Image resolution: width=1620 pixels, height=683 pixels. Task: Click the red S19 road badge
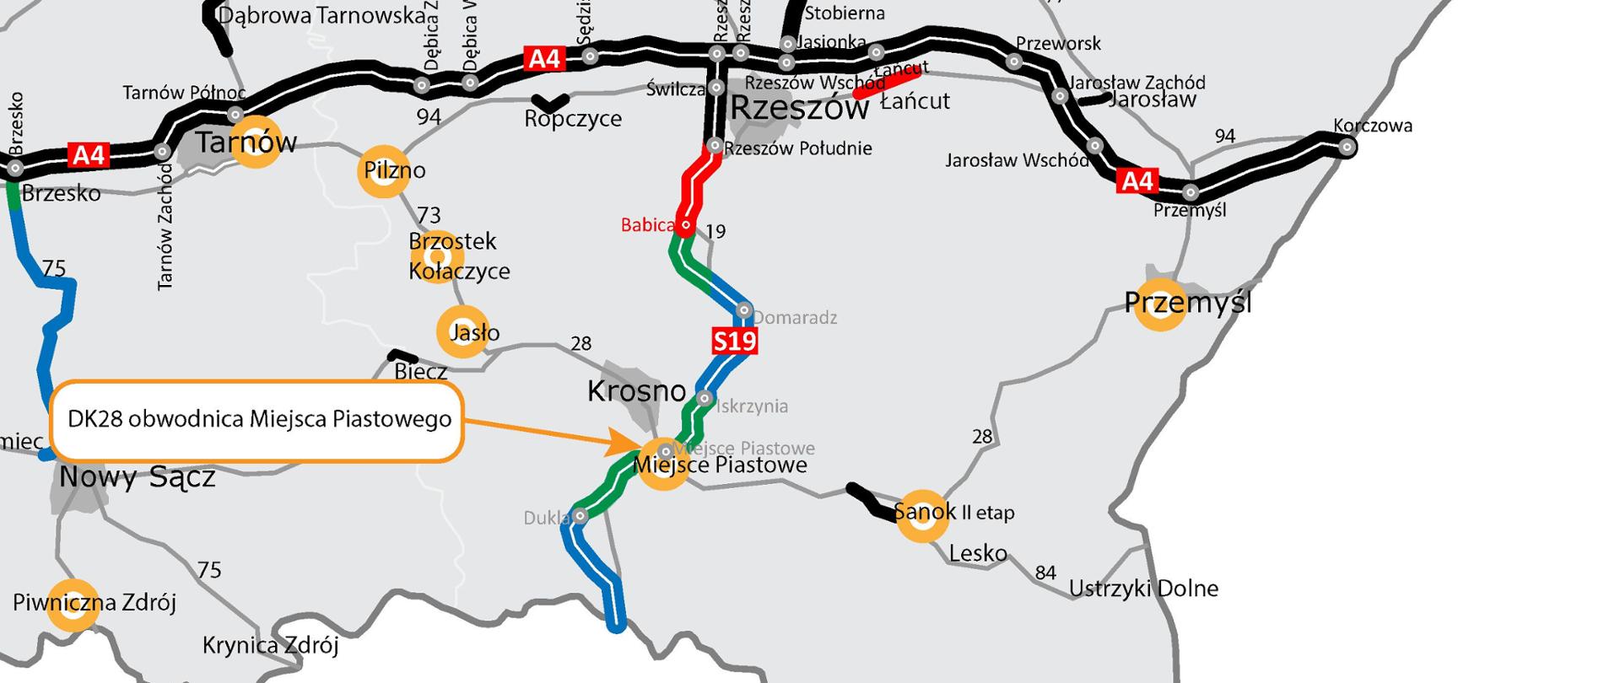tap(734, 341)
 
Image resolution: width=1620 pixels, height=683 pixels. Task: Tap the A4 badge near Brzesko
tap(89, 155)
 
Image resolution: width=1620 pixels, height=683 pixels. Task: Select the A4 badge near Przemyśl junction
tap(1137, 180)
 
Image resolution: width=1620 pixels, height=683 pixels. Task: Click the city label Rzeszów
tap(799, 109)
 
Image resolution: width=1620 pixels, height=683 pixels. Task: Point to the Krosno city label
tap(636, 391)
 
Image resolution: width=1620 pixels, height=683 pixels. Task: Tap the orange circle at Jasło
tap(462, 332)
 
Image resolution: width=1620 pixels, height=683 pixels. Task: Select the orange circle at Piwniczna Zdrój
tap(73, 605)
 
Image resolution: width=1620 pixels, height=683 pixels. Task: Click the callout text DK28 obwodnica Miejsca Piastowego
tap(259, 419)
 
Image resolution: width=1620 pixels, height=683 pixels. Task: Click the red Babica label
tap(647, 225)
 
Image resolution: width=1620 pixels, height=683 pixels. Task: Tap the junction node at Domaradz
tap(743, 310)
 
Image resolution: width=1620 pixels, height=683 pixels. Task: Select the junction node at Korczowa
tap(1347, 148)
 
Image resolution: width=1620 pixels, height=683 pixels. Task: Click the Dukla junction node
tap(580, 516)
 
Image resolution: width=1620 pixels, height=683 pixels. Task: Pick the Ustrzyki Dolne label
tap(1143, 589)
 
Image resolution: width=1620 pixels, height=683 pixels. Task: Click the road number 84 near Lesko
tap(1045, 573)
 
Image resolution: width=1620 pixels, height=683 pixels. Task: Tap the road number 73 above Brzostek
tap(429, 216)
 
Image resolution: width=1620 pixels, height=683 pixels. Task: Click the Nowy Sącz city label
tap(137, 477)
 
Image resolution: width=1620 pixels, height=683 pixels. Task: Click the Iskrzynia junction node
tap(705, 398)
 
